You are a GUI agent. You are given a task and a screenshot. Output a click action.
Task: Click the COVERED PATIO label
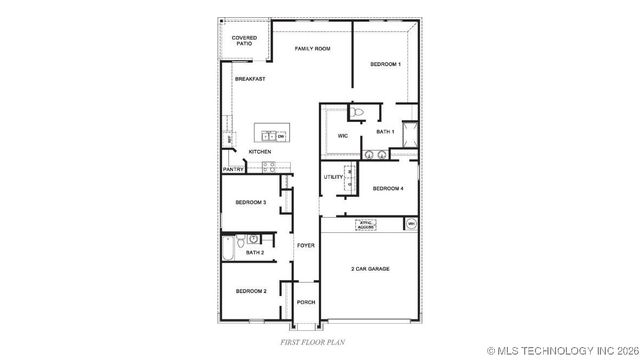tap(245, 41)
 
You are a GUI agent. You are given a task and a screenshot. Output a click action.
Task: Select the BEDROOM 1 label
tap(385, 64)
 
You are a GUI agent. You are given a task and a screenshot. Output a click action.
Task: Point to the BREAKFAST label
tap(250, 79)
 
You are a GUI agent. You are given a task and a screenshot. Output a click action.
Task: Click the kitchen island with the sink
tap(270, 134)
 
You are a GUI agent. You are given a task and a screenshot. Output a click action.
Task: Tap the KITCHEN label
tap(260, 151)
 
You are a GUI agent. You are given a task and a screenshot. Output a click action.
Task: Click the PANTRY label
tap(233, 169)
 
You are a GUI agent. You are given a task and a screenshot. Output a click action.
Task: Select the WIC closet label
tap(342, 135)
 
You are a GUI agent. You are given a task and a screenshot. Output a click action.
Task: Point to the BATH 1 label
tap(385, 131)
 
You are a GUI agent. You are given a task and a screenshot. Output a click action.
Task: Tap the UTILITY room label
tap(333, 177)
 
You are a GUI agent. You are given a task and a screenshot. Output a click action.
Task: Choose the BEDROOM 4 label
tap(388, 188)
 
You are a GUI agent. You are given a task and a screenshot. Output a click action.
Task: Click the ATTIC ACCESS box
tap(366, 226)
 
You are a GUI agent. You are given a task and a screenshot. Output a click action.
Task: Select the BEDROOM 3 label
tap(250, 202)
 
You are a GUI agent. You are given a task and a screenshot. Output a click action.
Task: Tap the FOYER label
tap(305, 245)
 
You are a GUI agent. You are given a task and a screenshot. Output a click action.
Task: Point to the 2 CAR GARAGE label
tap(370, 268)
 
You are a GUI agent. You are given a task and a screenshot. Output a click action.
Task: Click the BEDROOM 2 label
tap(250, 290)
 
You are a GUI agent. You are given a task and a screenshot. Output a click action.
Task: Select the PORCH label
tap(305, 302)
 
